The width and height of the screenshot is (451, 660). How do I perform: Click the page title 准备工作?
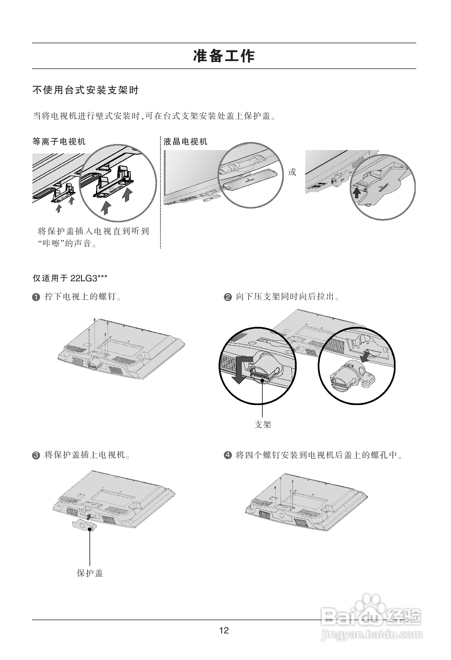coord(224,56)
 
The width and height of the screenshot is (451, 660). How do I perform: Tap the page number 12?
coord(224,631)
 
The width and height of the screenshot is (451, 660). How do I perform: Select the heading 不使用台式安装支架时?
coord(86,90)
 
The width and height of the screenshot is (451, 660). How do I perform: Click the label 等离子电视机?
coord(59,142)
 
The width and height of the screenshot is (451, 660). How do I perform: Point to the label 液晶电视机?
coord(185,142)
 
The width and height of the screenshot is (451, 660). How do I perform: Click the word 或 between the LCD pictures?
coord(292,172)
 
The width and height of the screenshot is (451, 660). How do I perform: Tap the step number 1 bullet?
coord(36,297)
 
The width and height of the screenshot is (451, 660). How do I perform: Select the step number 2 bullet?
coord(228,297)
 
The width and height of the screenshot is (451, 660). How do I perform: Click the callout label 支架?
coord(263,425)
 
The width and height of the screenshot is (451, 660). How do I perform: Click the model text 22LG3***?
coord(89,278)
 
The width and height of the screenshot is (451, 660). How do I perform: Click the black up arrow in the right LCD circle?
coord(356,193)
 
